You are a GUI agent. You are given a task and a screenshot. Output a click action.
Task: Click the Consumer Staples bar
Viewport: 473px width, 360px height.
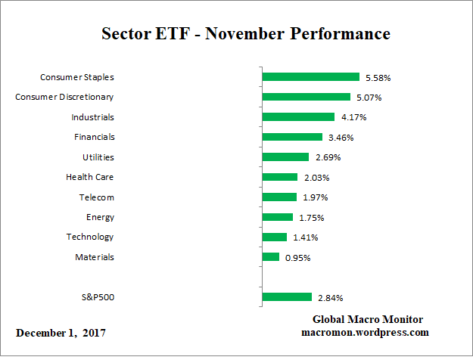click(x=310, y=77)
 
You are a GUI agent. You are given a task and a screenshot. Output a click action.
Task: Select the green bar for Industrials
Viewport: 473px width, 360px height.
click(x=298, y=117)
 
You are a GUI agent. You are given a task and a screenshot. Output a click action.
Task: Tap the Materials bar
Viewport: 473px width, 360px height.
click(x=270, y=257)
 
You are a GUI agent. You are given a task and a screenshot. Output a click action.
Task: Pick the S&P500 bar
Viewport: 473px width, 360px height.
click(x=287, y=297)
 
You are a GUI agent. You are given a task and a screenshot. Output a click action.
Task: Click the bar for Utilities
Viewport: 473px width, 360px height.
click(x=285, y=157)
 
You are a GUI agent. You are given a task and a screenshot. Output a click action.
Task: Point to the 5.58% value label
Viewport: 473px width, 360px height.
click(x=378, y=77)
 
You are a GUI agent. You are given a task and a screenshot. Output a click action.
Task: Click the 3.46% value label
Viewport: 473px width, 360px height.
click(x=341, y=138)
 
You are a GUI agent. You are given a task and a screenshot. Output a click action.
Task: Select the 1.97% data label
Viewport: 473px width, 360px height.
click(x=315, y=197)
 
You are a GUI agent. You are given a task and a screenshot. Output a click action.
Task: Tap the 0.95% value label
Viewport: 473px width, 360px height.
click(x=297, y=257)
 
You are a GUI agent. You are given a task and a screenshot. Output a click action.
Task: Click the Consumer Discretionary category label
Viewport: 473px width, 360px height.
click(x=64, y=97)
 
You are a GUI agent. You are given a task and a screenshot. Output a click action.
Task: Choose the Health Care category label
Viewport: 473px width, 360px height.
click(x=90, y=177)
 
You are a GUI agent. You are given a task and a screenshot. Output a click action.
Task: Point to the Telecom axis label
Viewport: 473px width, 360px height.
click(x=96, y=197)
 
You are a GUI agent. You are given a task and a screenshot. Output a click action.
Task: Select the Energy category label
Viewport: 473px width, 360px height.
click(x=100, y=217)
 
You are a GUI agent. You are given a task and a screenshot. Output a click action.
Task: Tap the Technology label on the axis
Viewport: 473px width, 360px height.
click(x=90, y=237)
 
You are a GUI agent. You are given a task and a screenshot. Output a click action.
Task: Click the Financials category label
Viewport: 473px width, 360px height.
click(x=94, y=137)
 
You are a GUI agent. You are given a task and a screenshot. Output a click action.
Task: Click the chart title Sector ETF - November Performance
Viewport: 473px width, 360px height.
click(x=246, y=34)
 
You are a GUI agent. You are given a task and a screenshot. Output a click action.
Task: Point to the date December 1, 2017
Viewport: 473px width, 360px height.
click(x=61, y=333)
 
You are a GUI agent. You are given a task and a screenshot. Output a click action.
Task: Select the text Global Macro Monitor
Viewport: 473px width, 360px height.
click(x=367, y=319)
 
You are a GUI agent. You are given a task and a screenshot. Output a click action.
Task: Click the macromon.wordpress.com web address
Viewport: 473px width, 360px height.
click(x=366, y=332)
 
